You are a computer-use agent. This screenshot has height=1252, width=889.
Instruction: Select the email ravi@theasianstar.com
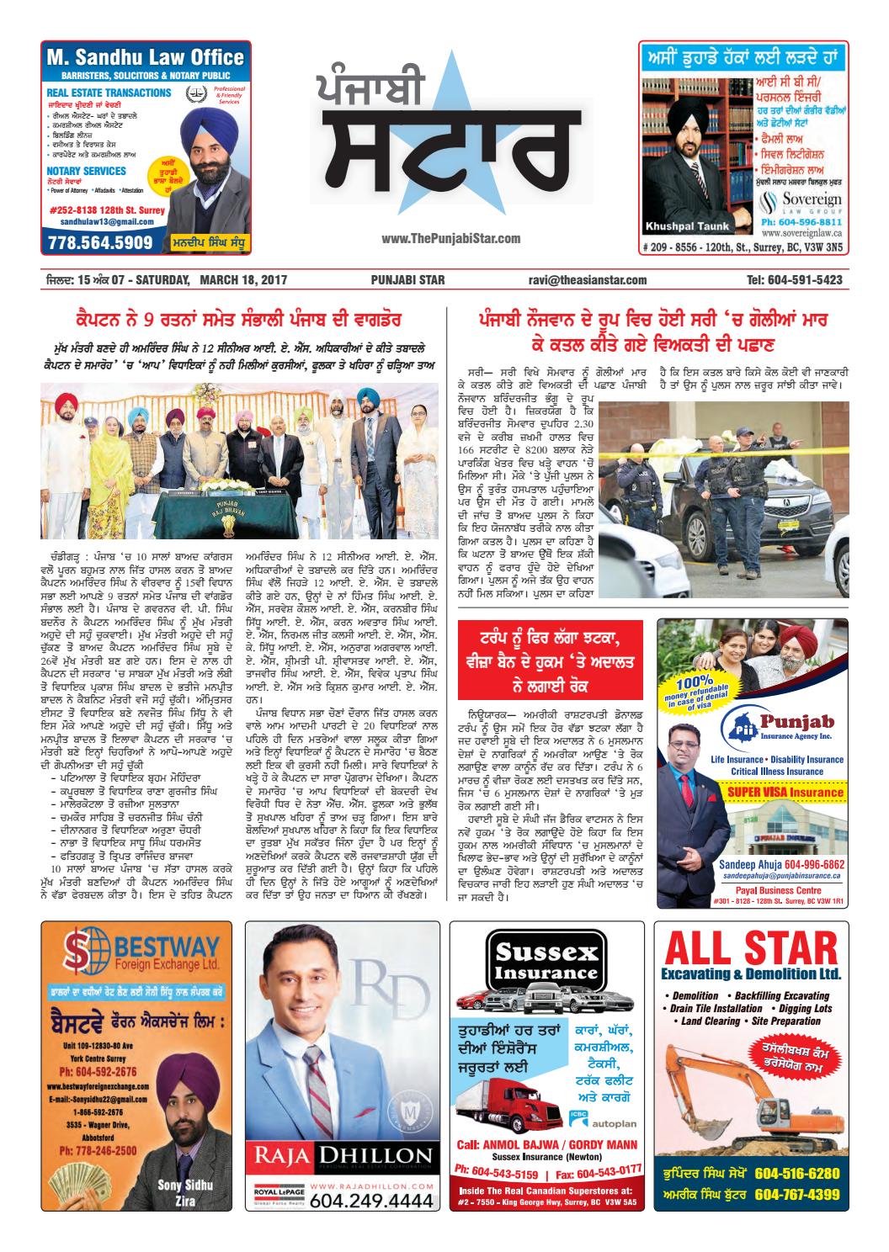[587, 279]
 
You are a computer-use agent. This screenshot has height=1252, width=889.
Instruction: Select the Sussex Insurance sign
[546, 961]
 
